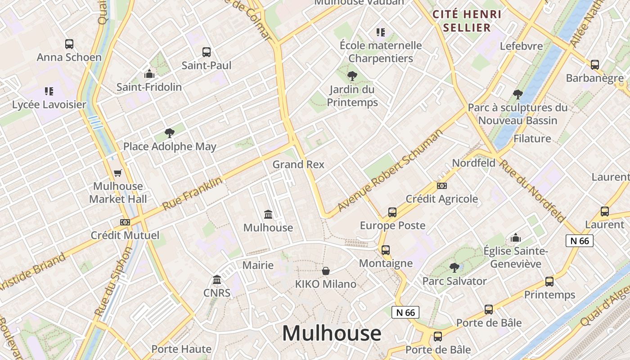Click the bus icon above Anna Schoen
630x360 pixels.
(69, 44)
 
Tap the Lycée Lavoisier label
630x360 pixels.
(49, 104)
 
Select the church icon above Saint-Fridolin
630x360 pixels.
(149, 74)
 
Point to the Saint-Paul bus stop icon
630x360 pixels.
(206, 52)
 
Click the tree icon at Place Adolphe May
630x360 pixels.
(169, 133)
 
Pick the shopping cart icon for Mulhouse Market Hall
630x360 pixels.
(118, 173)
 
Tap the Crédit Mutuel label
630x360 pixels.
(125, 235)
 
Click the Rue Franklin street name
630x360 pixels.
(192, 194)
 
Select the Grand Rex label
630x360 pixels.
(298, 165)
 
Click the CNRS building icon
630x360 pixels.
(217, 280)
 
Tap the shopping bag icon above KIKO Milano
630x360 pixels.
(325, 271)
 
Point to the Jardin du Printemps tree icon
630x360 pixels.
(352, 76)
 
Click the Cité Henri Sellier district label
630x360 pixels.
(467, 21)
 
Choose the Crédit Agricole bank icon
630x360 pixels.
(441, 185)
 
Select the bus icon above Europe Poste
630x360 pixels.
(392, 212)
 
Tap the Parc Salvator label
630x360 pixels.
(454, 281)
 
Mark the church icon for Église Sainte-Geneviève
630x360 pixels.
(516, 238)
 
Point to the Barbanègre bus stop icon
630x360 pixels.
(595, 65)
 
